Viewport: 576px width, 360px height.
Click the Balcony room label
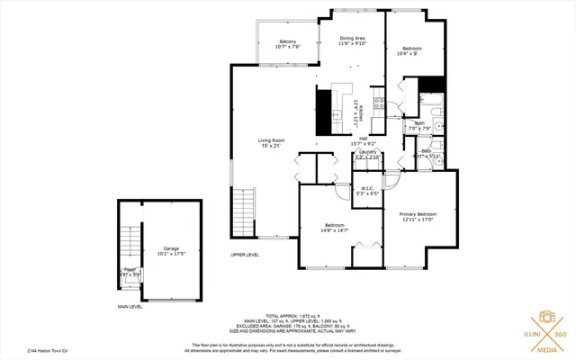(288, 42)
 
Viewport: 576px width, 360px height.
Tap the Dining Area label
(352, 39)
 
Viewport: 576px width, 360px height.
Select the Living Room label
(271, 140)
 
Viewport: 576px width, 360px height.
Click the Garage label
(171, 248)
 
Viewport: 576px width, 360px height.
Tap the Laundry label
(366, 152)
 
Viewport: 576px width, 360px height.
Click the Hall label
(364, 138)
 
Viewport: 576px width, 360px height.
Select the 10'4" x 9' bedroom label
(411, 48)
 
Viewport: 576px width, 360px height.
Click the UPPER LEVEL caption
(245, 255)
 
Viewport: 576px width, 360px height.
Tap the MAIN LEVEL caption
(131, 307)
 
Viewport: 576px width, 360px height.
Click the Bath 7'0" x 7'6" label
(420, 125)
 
